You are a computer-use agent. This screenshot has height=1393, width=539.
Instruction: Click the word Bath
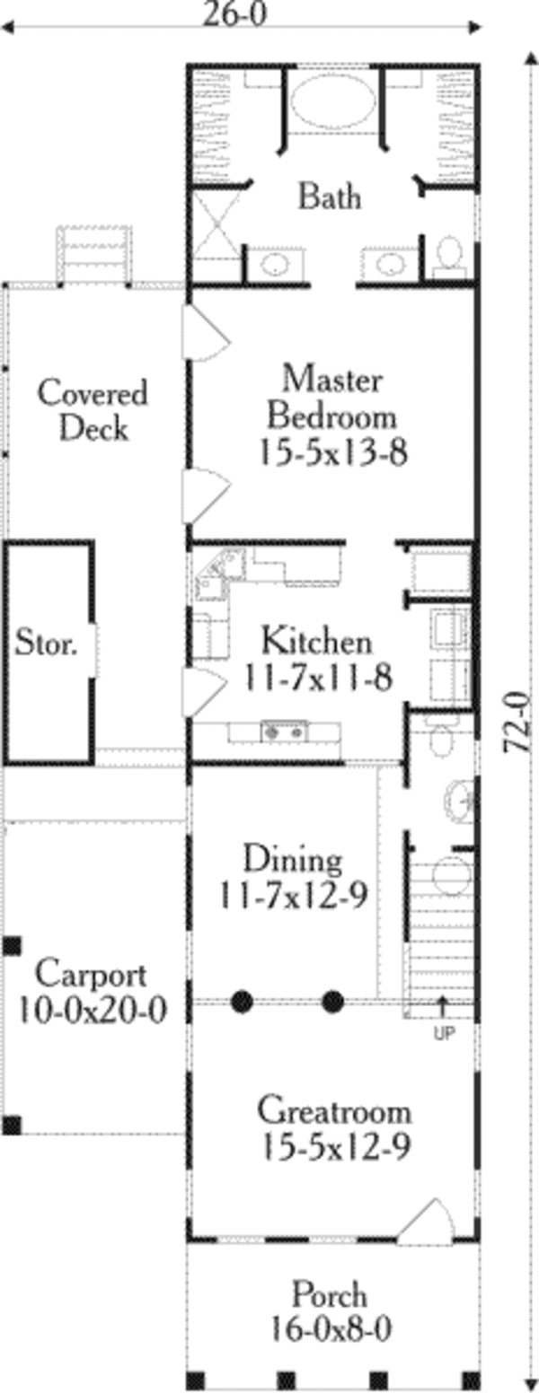click(x=330, y=196)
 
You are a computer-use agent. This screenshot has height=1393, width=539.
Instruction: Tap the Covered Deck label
click(x=93, y=410)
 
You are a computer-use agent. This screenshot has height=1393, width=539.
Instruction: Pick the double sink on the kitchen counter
click(x=284, y=732)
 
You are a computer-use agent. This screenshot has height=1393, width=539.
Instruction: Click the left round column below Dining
click(x=241, y=1000)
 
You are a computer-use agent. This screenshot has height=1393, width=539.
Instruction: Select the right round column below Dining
click(x=333, y=1000)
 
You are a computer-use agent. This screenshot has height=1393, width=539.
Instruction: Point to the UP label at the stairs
click(x=444, y=1033)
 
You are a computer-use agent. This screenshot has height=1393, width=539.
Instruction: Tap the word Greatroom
click(x=334, y=1111)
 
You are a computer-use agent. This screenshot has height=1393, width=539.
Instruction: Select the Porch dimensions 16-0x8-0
click(x=330, y=1327)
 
